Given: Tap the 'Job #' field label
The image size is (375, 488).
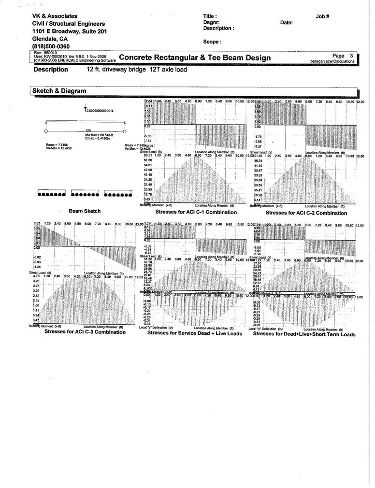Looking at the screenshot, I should click(322, 16).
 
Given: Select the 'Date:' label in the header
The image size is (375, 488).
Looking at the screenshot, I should click(286, 22).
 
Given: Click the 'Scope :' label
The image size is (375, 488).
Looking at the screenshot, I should click(213, 42).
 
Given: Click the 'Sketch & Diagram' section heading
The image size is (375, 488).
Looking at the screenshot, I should click(59, 91).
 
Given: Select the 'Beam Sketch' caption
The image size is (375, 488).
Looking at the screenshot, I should click(85, 211).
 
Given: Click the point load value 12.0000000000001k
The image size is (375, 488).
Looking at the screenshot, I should click(100, 111).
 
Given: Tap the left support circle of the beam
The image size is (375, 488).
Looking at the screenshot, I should click(45, 131).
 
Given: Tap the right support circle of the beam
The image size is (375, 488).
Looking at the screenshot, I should click(125, 131).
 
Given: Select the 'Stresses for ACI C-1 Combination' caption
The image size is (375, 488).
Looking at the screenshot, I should click(196, 212).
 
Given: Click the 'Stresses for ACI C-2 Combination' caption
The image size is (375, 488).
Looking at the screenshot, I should click(306, 213).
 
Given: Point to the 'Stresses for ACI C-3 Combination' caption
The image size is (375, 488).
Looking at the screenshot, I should click(85, 332).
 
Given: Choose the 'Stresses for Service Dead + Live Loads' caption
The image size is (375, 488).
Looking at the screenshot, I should click(194, 333).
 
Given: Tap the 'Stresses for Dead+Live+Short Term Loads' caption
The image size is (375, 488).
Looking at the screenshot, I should click(304, 333).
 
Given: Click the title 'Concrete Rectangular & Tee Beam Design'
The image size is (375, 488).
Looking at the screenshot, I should click(195, 58).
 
